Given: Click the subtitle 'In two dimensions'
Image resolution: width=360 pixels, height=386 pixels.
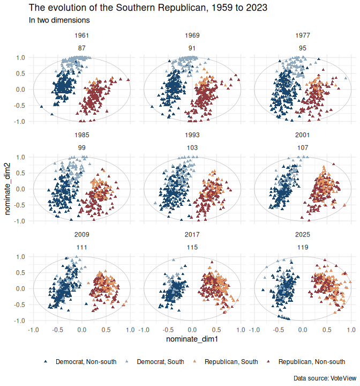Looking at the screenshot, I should pos(59,20).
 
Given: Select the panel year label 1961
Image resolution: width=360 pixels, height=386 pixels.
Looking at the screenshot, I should pos(81,36).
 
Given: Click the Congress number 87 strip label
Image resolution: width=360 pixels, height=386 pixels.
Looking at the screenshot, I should pos(81,48).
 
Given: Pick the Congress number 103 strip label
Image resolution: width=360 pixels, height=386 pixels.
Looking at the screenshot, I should pos(192,147).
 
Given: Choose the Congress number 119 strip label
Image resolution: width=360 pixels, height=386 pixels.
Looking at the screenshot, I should pos(303,247).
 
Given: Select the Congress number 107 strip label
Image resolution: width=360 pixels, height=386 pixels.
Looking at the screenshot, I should pos(303,147).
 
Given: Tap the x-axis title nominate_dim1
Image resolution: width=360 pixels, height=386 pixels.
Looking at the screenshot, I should pos(192,339).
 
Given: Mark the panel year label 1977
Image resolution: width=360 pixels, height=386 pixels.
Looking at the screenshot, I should pos(303,36).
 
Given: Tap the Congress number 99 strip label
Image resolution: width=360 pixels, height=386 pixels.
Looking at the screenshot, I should pos(81,147).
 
